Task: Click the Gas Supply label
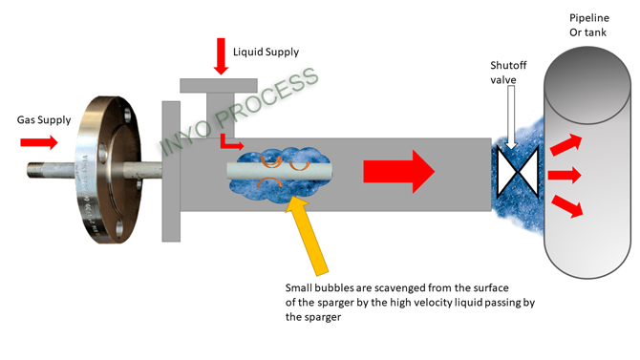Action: tap(44, 120)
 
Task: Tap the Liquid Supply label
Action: tap(267, 52)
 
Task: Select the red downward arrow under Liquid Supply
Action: tap(221, 58)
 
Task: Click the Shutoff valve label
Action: tap(509, 73)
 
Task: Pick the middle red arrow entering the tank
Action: tap(565, 174)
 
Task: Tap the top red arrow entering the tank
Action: tap(566, 144)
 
